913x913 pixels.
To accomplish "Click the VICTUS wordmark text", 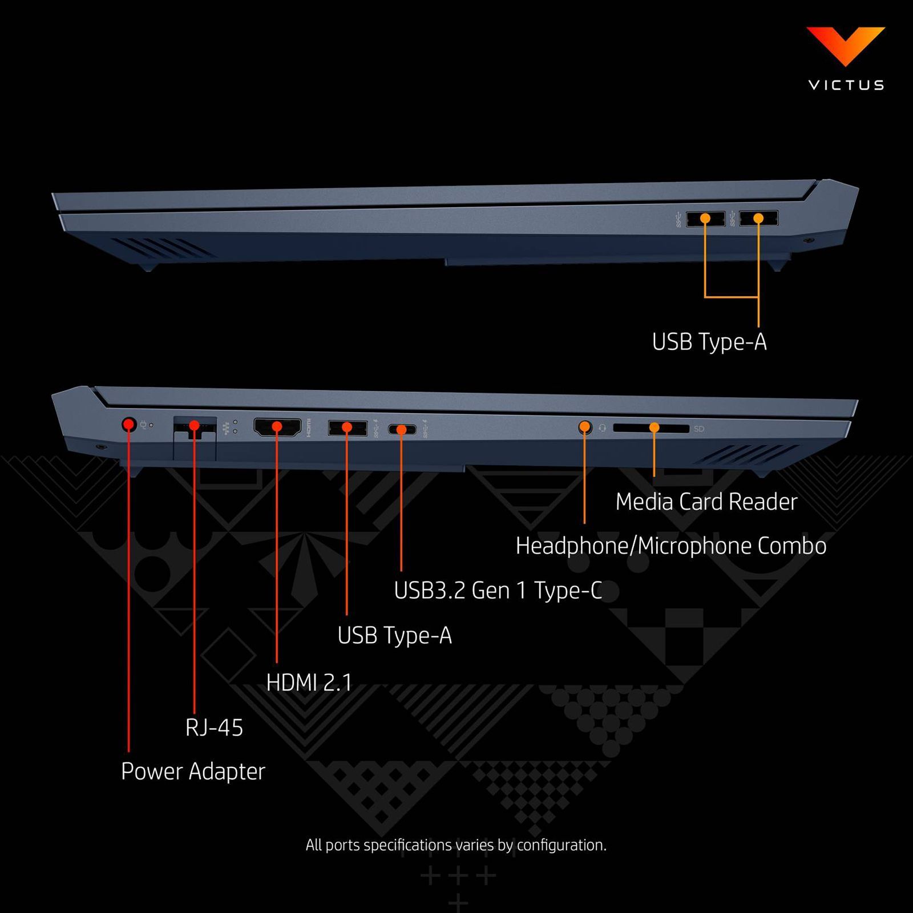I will [x=846, y=85].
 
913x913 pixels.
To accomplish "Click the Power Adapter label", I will [x=193, y=771].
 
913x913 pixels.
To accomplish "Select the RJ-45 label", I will [x=214, y=728].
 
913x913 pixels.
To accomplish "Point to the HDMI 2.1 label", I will [x=309, y=682].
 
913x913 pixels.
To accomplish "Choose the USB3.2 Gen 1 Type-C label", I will [x=498, y=591].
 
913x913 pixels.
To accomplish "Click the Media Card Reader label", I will [x=706, y=502].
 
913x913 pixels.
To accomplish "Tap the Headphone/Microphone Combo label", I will [x=670, y=546].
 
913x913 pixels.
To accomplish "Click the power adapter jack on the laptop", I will [x=129, y=425].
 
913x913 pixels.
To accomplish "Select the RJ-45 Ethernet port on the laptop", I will [x=194, y=427].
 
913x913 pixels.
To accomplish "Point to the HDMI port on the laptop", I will [x=277, y=427].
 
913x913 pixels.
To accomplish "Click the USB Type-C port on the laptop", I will [x=402, y=429].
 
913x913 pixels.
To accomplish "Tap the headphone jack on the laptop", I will [x=584, y=427].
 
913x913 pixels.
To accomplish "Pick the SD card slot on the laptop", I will [x=651, y=428].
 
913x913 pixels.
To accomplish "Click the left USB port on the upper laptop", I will [x=705, y=219].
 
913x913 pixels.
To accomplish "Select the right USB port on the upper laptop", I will [x=758, y=218].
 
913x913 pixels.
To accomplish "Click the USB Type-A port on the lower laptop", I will [x=347, y=427].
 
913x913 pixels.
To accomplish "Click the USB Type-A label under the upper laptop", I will [x=709, y=342].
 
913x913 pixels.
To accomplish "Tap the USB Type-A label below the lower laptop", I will [x=394, y=636].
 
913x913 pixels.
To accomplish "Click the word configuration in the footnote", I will [x=560, y=845].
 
